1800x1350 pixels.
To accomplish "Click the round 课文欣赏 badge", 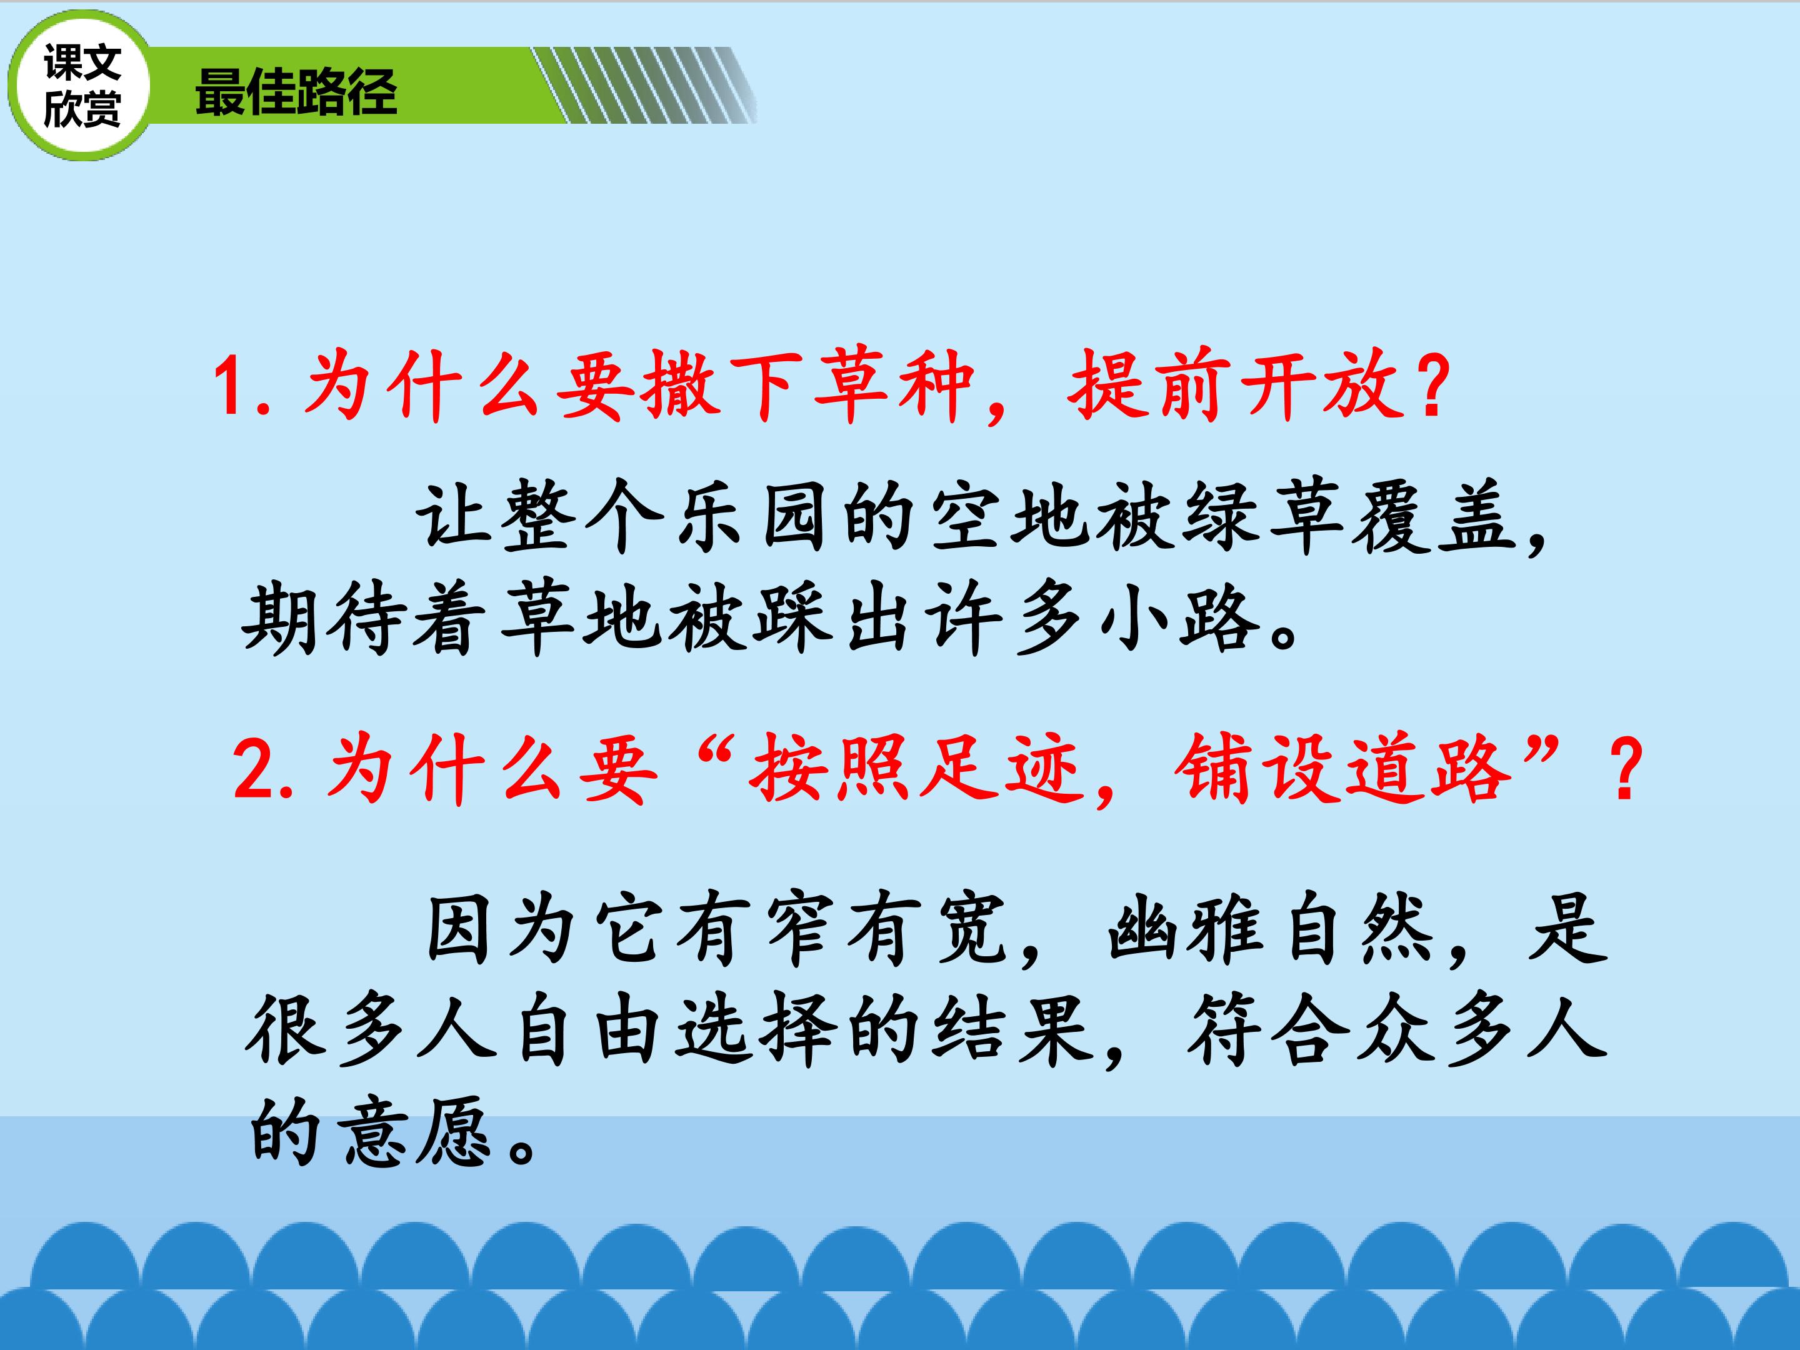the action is tap(80, 86).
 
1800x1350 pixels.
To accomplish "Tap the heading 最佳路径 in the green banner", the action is tap(296, 91).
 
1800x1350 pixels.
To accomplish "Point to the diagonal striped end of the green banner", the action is tap(644, 86).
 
